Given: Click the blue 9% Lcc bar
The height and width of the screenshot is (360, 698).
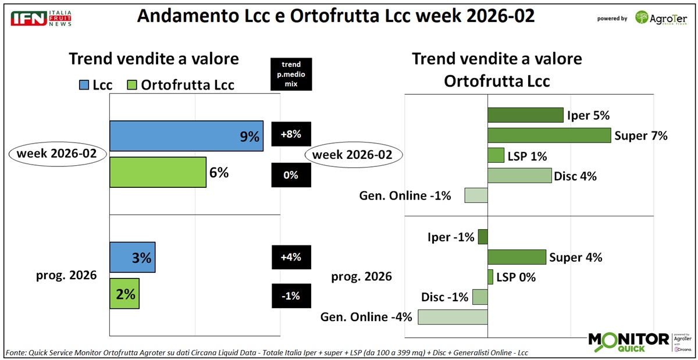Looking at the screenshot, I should [186, 137].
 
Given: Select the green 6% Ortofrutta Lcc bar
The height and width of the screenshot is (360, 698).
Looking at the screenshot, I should [158, 172].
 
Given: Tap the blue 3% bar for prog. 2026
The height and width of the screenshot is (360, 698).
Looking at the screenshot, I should [132, 257].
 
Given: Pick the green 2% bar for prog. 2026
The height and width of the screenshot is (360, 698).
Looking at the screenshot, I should [124, 294].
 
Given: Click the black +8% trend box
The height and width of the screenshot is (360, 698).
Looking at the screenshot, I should [291, 134].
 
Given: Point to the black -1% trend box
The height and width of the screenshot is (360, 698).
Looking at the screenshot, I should [291, 295].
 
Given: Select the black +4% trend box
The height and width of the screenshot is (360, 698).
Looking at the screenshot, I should [291, 257].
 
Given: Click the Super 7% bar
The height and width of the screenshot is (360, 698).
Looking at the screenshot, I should [549, 136].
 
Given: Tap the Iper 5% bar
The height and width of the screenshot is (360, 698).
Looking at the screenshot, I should [525, 115].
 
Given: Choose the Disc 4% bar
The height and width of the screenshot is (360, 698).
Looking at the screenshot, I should [519, 176].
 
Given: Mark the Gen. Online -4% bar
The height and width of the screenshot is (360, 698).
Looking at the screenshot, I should [453, 317].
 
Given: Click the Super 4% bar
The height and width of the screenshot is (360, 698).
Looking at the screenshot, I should [517, 257].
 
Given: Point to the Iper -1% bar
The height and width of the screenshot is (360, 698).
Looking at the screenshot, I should [483, 237].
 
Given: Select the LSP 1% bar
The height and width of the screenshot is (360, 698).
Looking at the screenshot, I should [496, 155].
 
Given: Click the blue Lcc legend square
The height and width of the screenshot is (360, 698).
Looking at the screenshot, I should [83, 85].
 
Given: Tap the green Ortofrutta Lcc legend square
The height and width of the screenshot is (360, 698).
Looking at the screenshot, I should [132, 85].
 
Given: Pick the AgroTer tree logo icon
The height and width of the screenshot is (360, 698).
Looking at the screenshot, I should [642, 17].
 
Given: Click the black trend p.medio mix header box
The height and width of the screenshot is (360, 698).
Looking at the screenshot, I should [291, 74].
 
